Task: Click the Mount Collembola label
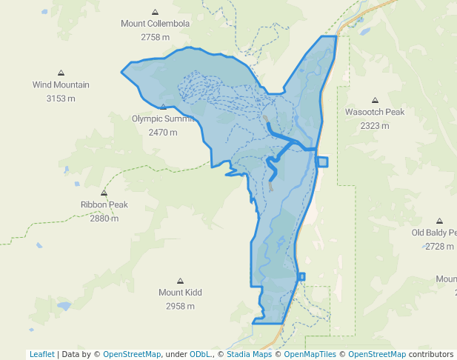155,24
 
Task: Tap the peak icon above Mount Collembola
155,12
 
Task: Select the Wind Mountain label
61,85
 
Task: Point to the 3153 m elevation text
61,99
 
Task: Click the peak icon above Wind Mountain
61,73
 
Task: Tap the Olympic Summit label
162,119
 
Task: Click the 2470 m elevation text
163,133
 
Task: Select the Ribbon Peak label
104,205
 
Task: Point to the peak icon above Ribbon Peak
104,193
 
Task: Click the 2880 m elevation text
104,219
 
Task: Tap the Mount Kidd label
180,293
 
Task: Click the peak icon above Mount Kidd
180,281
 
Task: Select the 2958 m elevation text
180,306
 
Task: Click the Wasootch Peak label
375,113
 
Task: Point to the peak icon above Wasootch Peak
375,100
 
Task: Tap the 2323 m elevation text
375,126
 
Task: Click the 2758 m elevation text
155,37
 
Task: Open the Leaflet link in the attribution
41,354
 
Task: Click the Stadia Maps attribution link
249,354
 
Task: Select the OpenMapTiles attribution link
310,354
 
